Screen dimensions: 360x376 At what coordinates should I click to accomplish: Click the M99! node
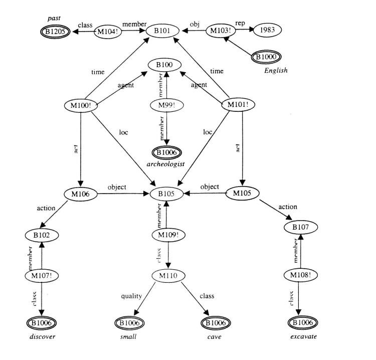click(x=165, y=106)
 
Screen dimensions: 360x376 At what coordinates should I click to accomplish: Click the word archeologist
click(x=166, y=163)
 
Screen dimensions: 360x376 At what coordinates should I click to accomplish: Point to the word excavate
click(x=304, y=336)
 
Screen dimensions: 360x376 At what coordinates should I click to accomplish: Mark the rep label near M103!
click(x=240, y=23)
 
